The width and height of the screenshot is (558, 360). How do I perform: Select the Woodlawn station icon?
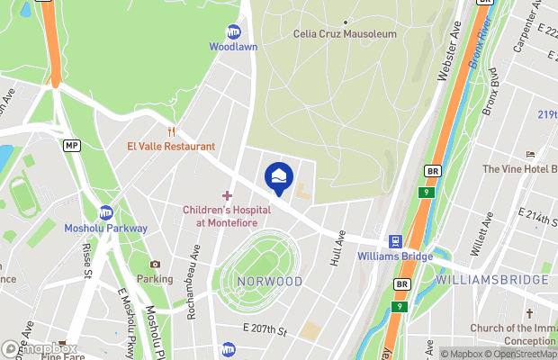point(234,31)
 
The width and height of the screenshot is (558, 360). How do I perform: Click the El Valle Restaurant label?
point(171,146)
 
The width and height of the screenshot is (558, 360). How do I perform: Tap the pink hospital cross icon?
point(227,195)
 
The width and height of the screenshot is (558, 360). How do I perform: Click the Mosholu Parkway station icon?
point(106,213)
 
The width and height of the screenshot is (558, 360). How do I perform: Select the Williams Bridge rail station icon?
point(394,241)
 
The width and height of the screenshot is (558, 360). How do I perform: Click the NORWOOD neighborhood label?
point(270,282)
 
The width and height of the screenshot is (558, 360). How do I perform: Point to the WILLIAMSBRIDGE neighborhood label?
point(492,280)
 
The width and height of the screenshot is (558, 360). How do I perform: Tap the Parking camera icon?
point(155,265)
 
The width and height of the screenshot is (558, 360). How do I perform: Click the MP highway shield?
point(71,145)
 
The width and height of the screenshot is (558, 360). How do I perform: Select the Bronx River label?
point(485,46)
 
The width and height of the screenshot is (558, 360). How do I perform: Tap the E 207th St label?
point(264,332)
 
